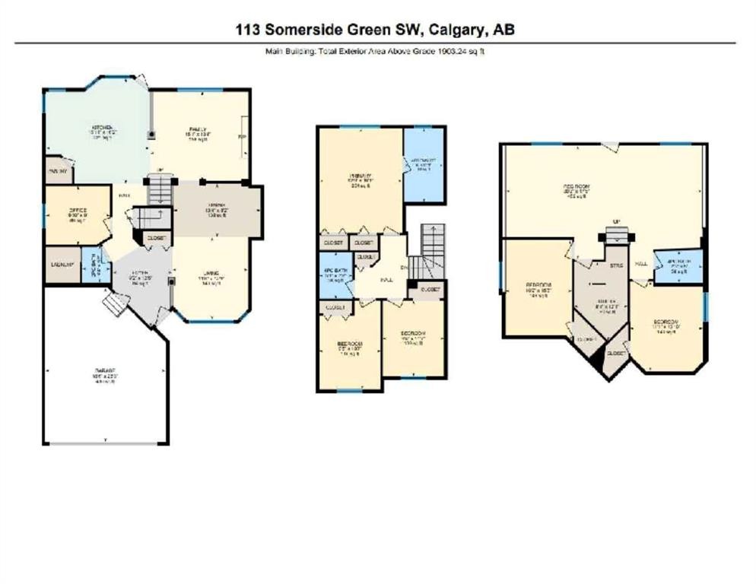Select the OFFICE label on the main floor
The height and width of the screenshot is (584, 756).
tap(78, 211)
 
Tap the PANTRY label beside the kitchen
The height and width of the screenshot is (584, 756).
tap(58, 171)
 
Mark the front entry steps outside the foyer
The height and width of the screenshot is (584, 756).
tap(113, 306)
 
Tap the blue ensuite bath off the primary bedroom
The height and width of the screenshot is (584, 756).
tap(424, 164)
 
